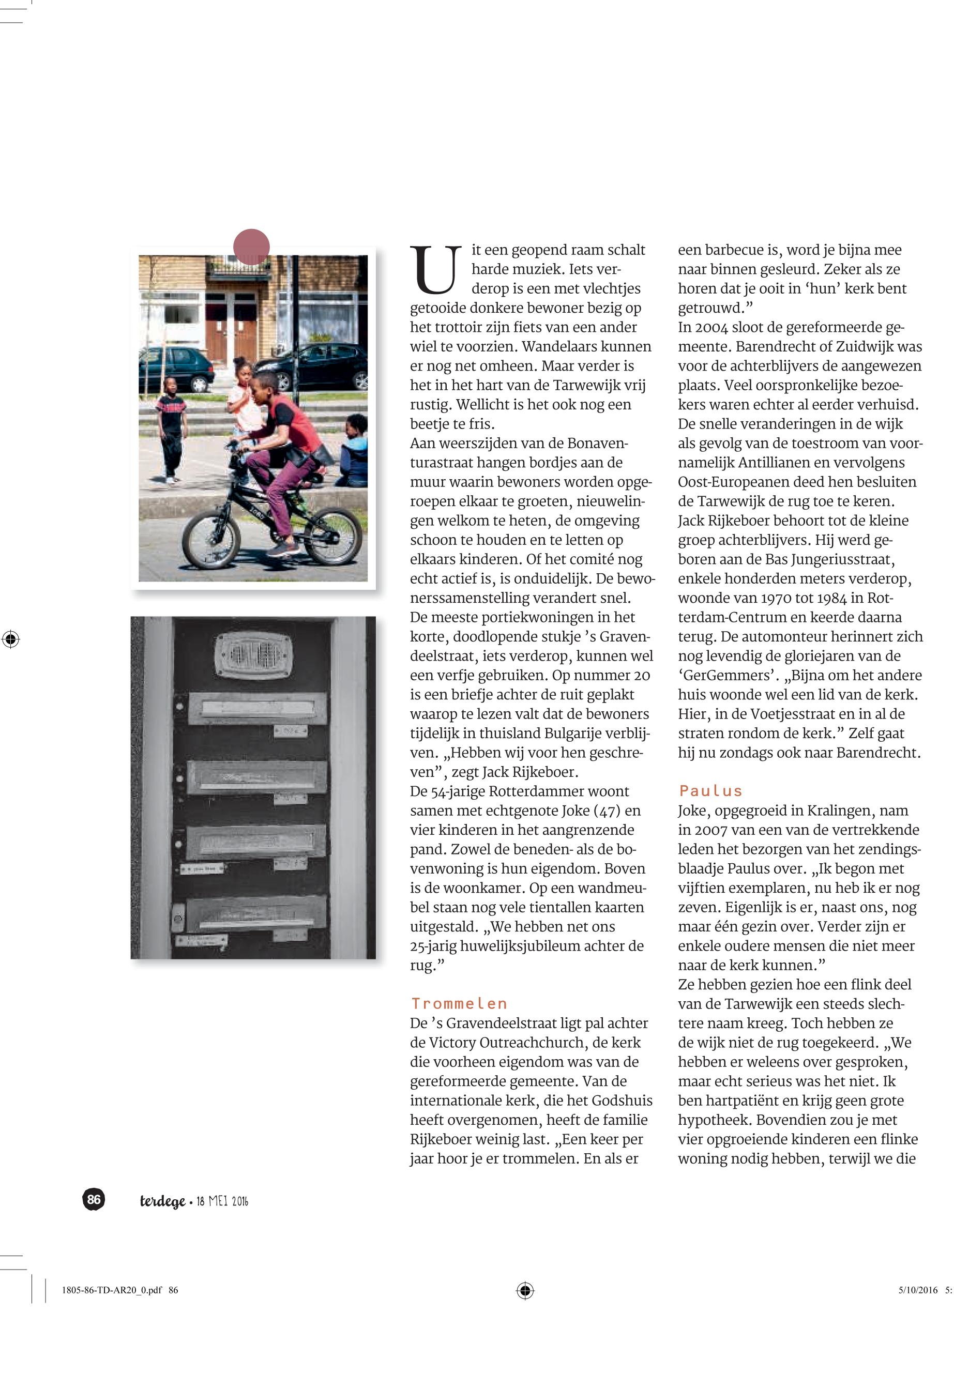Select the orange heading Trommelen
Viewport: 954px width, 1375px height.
459,1003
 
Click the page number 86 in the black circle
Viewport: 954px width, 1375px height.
94,1199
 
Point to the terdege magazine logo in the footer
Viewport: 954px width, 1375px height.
162,1201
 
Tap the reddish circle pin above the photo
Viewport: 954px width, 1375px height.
251,247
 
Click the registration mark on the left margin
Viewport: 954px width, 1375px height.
11,639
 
